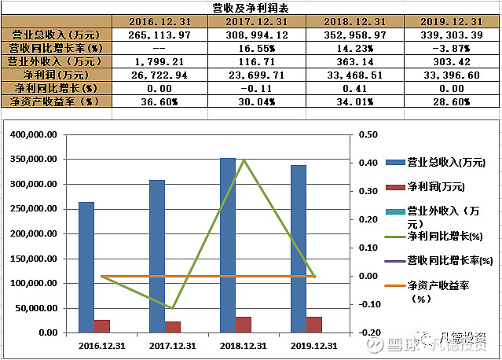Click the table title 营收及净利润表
pos(251,8)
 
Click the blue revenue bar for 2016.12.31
pos(86,267)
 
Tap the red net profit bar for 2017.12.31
pos(173,327)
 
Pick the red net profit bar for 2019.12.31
pos(314,325)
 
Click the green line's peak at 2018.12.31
pos(244,160)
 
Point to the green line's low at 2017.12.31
pos(173,308)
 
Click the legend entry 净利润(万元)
pos(436,187)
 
